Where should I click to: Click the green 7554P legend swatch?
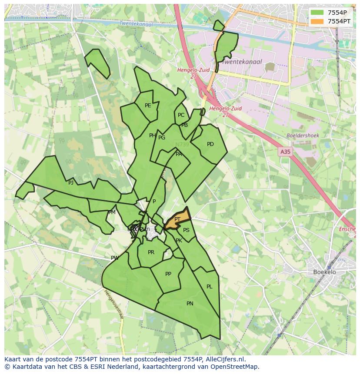pyautogui.click(x=317, y=13)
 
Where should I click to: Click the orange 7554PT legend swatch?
pyautogui.click(x=317, y=21)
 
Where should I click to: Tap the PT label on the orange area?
pyautogui.click(x=177, y=219)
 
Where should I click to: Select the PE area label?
pyautogui.click(x=148, y=106)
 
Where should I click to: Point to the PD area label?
pyautogui.click(x=210, y=144)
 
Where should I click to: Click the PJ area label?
pyautogui.click(x=71, y=183)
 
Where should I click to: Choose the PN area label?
pyautogui.click(x=190, y=304)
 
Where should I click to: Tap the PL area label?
pyautogui.click(x=210, y=287)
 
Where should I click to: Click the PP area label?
pyautogui.click(x=168, y=274)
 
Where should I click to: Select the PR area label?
pyautogui.click(x=151, y=252)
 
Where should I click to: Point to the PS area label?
pyautogui.click(x=186, y=230)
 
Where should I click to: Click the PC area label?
pyautogui.click(x=181, y=115)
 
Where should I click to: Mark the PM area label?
pyautogui.click(x=112, y=212)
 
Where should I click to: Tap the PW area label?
pyautogui.click(x=115, y=258)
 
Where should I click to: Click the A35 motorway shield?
pyautogui.click(x=285, y=152)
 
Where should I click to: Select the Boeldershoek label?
pyautogui.click(x=303, y=136)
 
